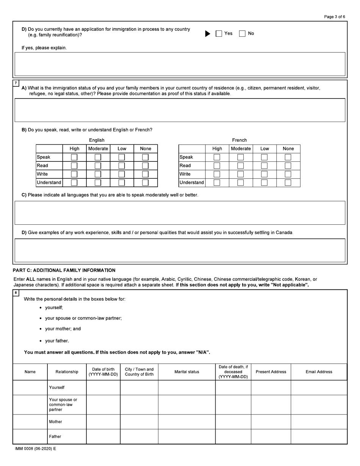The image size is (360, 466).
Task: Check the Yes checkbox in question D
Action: coord(219,34)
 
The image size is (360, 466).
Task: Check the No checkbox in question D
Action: coord(242,34)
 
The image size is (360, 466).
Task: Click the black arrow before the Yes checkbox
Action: coord(208,34)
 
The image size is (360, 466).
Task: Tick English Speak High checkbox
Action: coord(74,157)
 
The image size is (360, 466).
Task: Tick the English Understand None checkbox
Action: coord(145,183)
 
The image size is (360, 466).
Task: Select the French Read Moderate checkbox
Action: coord(241,166)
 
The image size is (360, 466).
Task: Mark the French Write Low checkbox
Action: coord(264,174)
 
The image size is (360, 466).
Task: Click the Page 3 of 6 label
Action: coord(335,17)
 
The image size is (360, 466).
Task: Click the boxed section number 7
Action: coord(16,83)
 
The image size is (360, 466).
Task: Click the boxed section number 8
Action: coord(16,293)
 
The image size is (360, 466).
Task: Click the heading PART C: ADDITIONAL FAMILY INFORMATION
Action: coord(64,271)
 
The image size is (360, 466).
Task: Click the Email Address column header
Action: coord(319,372)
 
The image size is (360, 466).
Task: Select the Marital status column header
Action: coord(186,372)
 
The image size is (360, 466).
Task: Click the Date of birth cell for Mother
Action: coord(103,422)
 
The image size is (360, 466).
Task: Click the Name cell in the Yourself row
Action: coord(30,388)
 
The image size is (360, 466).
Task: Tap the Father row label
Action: coord(55,436)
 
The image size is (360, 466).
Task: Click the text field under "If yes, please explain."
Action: coord(180,64)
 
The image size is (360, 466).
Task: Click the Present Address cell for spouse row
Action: coord(271,405)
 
